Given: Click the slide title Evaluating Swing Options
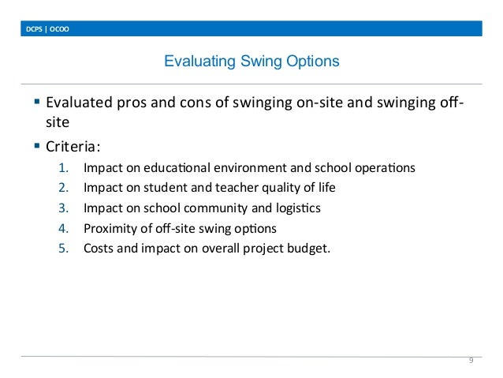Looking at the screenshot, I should [251, 61].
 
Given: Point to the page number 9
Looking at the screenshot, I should [471, 361].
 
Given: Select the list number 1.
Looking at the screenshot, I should [63, 168].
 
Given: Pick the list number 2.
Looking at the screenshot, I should [63, 188].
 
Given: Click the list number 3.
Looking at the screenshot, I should [63, 208].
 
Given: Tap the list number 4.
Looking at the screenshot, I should [63, 229].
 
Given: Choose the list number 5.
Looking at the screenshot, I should [63, 249].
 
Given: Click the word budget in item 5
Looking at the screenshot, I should [310, 249].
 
